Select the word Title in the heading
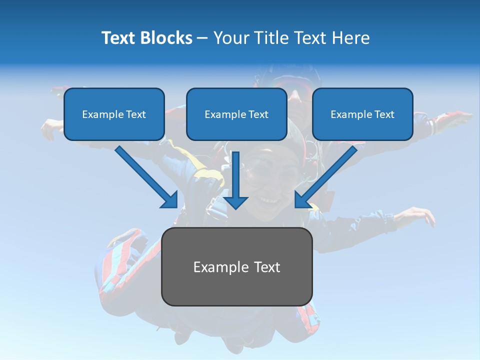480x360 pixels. point(273,38)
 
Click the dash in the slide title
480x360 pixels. point(202,38)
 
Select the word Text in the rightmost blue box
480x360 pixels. point(384,114)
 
